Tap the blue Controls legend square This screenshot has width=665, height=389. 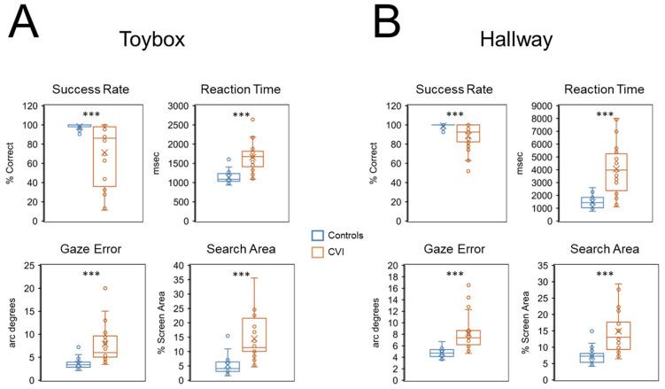coord(318,236)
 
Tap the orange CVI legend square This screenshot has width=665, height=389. coord(318,253)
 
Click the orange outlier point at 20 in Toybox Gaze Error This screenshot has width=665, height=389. coord(104,288)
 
